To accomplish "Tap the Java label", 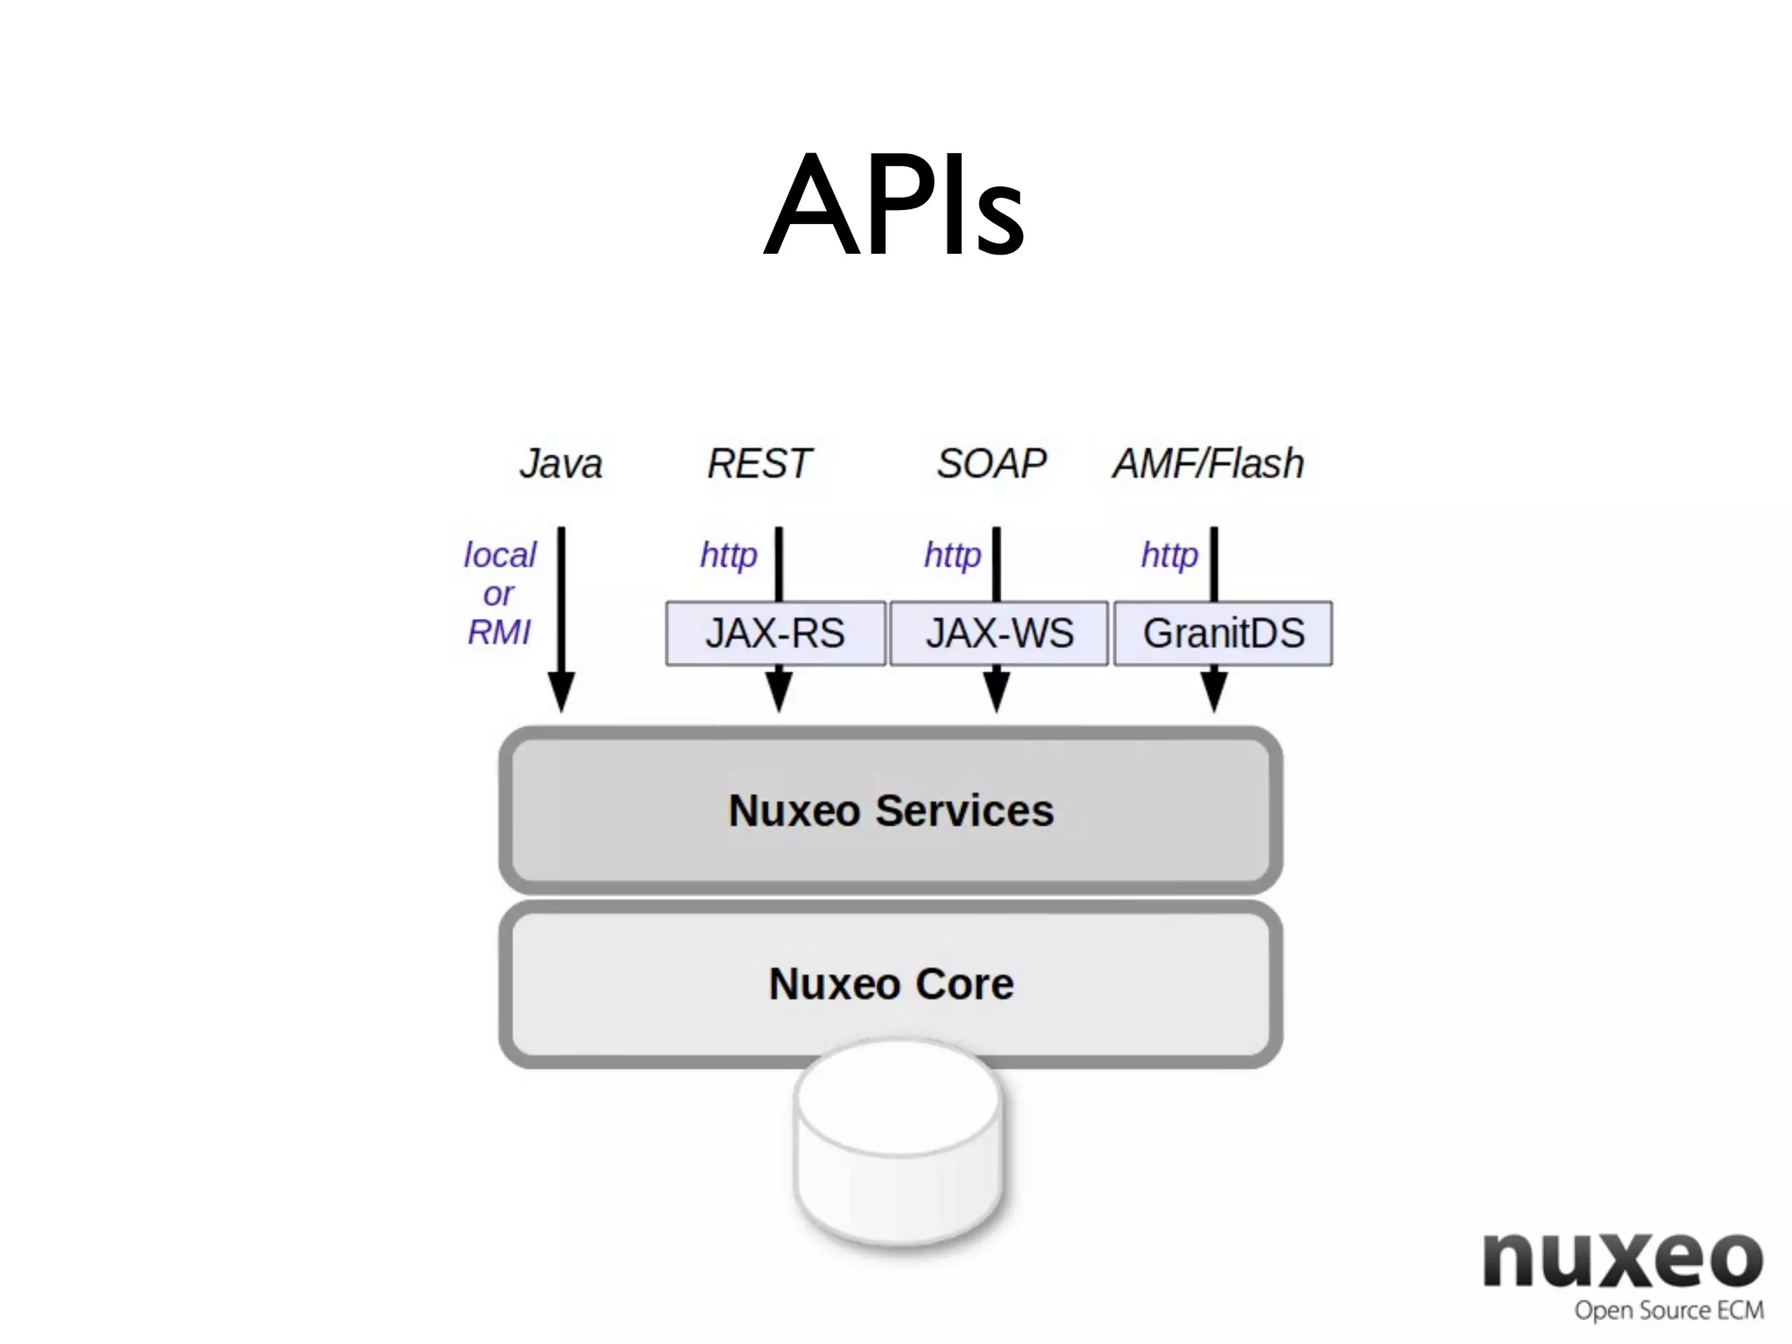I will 561,464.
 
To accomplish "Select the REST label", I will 759,464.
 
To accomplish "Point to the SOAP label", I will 991,464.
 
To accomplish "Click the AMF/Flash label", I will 1208,464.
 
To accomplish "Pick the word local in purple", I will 500,555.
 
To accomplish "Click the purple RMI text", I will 499,632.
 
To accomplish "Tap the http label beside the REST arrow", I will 728,555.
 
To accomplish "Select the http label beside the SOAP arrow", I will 952,555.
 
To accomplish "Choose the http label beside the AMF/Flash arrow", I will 1169,555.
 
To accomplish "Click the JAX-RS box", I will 775,633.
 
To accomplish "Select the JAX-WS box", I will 999,633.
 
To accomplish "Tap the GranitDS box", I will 1223,633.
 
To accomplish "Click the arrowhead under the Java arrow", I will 561,691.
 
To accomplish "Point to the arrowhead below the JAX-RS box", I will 779,691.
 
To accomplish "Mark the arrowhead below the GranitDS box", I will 1214,691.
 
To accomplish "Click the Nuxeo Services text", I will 891,810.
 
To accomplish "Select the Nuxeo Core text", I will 891,983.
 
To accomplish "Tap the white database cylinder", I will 899,1146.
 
